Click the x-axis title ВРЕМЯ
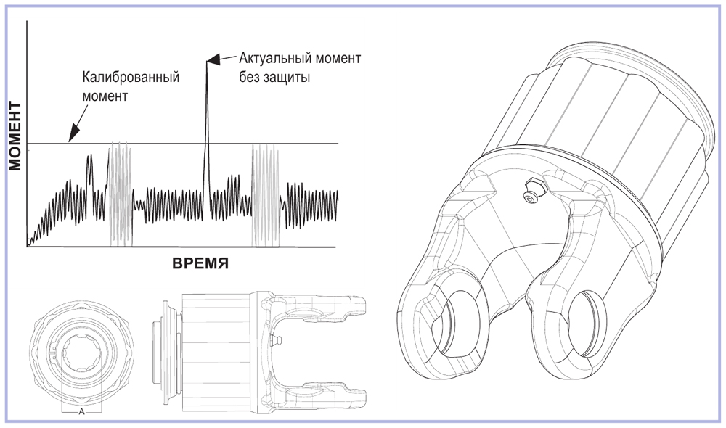(200, 263)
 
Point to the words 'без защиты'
(275, 76)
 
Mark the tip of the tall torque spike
(206, 61)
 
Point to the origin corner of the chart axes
(28, 247)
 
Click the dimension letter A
(81, 411)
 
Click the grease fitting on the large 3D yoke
(532, 191)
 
